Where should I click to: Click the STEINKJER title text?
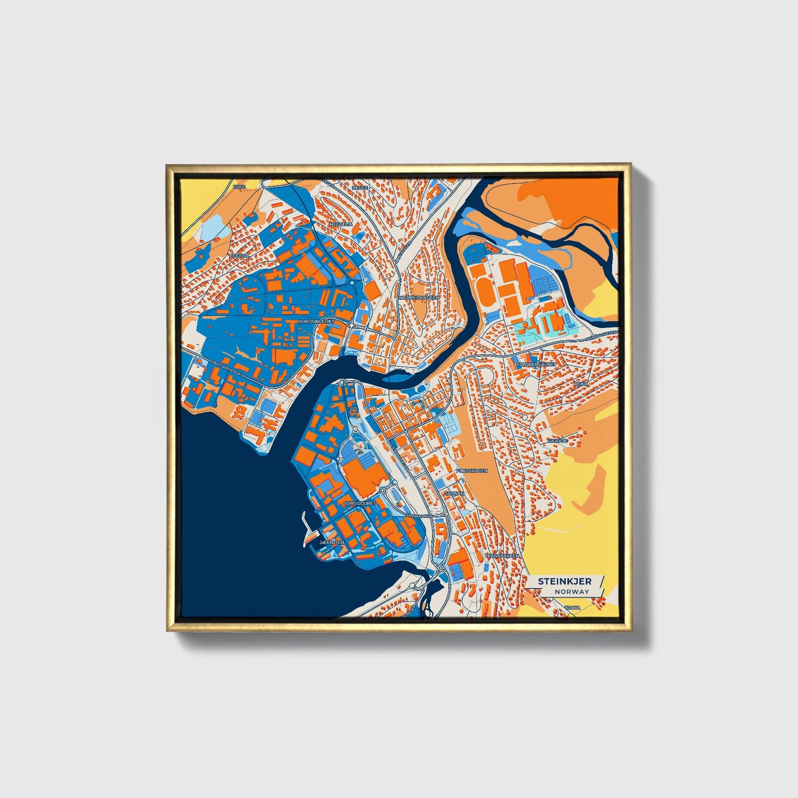click(x=564, y=582)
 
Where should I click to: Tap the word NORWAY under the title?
click(x=572, y=591)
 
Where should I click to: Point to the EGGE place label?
click(x=239, y=187)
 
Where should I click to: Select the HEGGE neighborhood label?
click(x=360, y=188)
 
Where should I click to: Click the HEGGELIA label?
click(x=340, y=224)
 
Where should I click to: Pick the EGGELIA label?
click(x=239, y=256)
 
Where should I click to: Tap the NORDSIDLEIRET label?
click(x=316, y=321)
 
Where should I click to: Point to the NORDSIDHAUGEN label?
click(x=419, y=297)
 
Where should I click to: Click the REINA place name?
click(x=582, y=383)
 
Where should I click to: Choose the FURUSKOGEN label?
click(x=472, y=471)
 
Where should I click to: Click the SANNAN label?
click(x=454, y=493)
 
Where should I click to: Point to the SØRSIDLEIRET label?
click(x=359, y=504)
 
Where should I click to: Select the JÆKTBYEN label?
click(x=332, y=543)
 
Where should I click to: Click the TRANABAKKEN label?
click(x=501, y=556)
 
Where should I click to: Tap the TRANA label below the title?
click(x=573, y=607)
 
